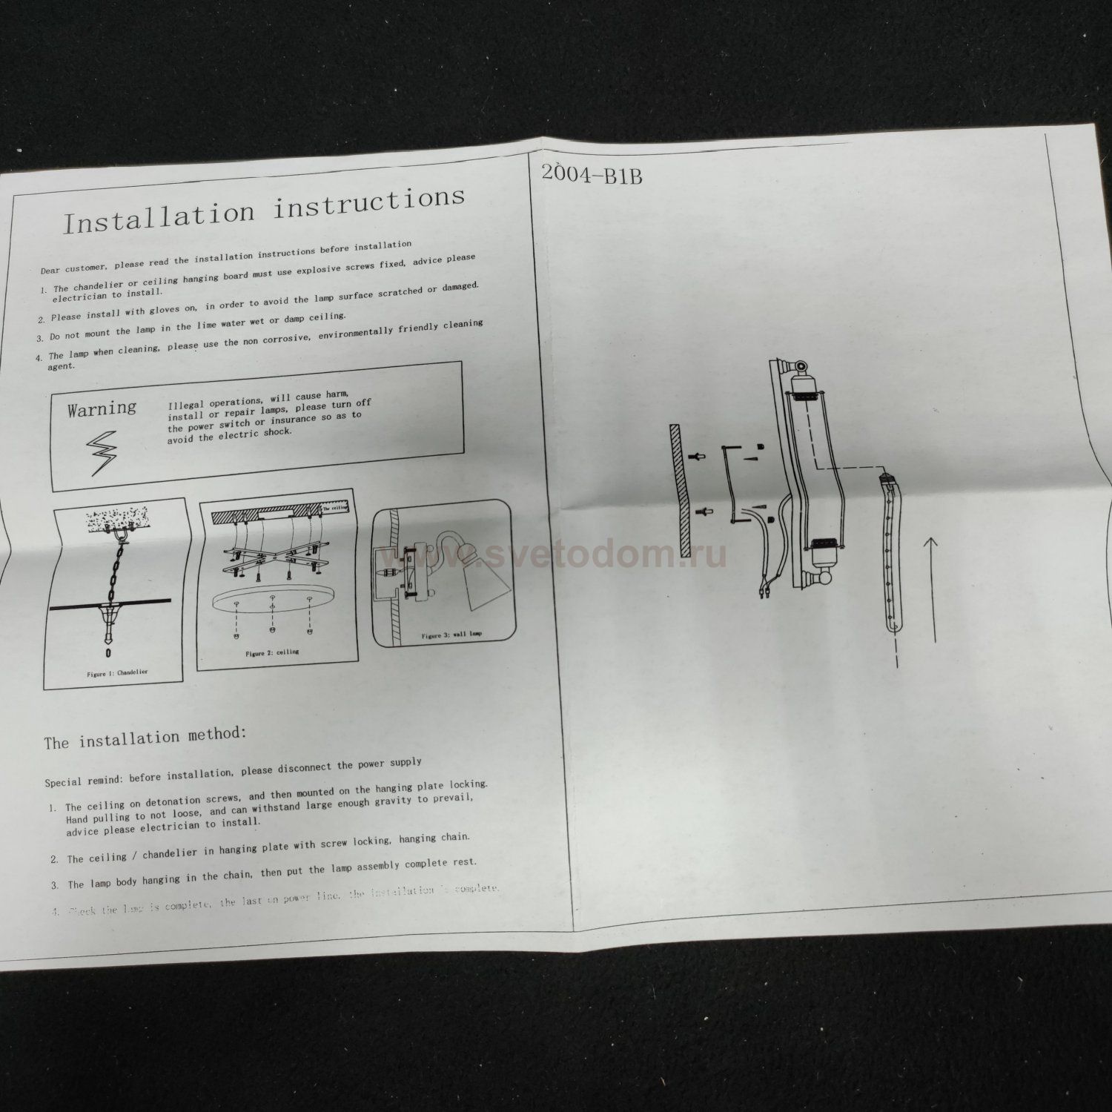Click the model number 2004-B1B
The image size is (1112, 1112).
coord(591,174)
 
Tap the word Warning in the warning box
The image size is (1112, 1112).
coord(102,408)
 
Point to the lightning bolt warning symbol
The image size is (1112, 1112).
coord(102,454)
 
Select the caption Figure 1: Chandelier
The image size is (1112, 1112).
coord(116,672)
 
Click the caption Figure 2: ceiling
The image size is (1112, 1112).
coord(272,653)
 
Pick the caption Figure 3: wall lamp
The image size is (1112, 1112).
coord(451,635)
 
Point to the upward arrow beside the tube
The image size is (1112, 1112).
coord(932,589)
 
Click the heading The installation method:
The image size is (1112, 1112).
coord(145,738)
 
